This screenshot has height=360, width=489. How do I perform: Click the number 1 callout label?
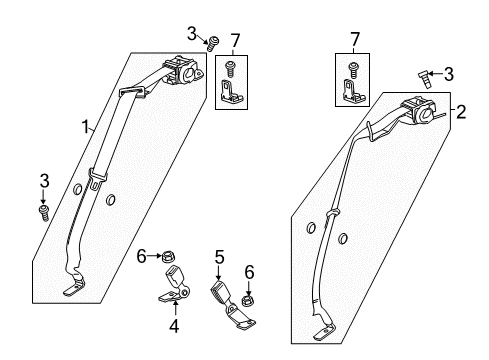coord(87,127)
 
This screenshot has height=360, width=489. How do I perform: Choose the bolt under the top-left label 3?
coord(213,42)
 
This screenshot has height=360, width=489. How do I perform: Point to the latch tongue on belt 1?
coord(96,182)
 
